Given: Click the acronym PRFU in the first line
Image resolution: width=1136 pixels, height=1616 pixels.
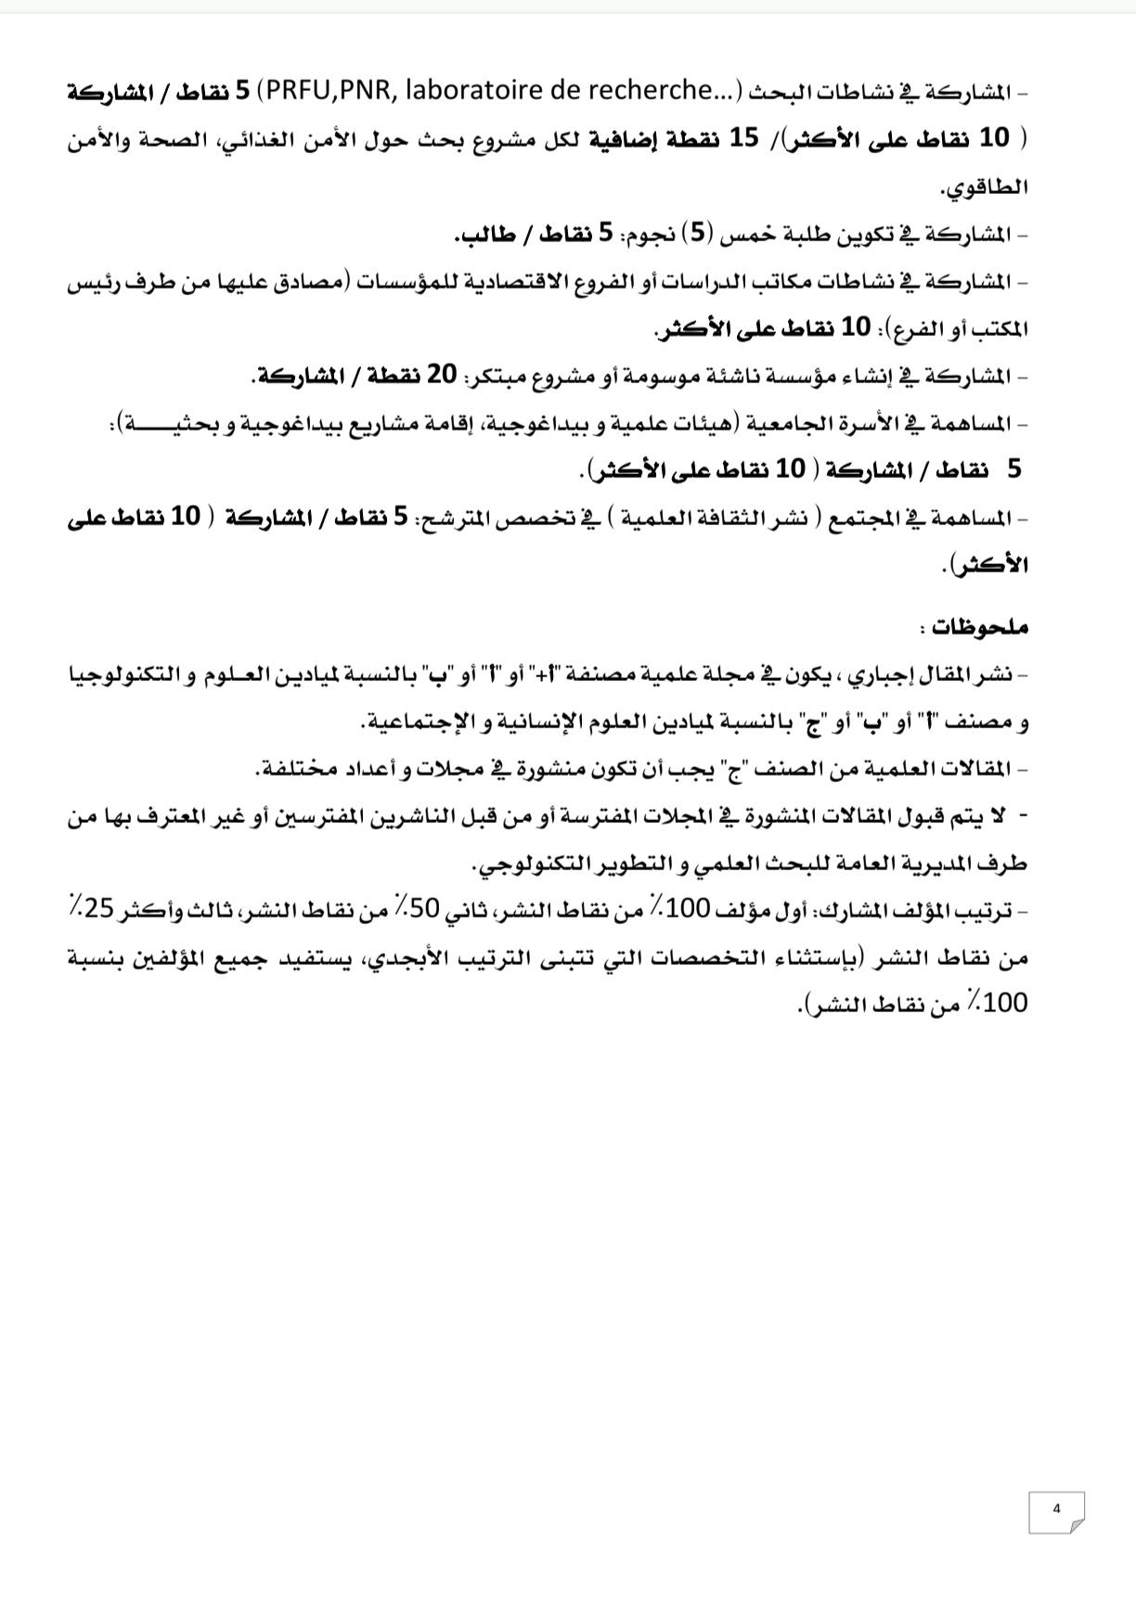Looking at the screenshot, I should tap(287, 91).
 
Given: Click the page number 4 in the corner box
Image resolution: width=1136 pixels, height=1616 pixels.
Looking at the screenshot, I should tap(1055, 1508).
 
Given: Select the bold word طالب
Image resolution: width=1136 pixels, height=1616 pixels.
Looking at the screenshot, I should tap(484, 234).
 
